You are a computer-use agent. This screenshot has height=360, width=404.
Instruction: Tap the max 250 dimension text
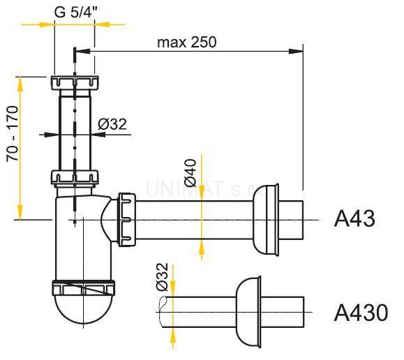[186, 41]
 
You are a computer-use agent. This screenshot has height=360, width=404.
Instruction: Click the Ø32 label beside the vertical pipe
[112, 124]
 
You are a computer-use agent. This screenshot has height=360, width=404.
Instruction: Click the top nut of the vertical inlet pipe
[74, 82]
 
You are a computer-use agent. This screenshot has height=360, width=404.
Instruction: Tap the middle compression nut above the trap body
[74, 178]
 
